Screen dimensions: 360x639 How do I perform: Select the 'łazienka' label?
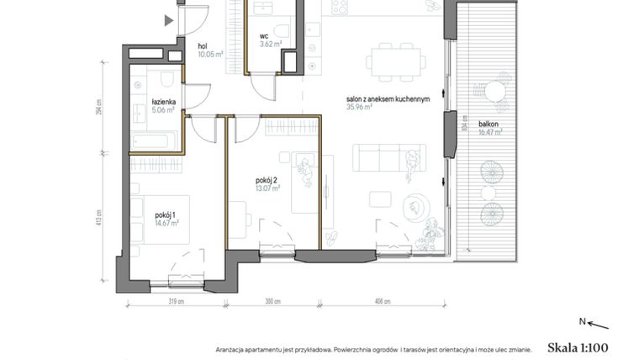point(140,101)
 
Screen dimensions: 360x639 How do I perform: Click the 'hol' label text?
point(203,46)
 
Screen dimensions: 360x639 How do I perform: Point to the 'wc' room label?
point(263,36)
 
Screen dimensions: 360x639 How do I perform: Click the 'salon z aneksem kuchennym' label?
point(388,98)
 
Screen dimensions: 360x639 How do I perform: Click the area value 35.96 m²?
point(361,107)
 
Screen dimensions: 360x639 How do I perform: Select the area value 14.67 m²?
point(166,223)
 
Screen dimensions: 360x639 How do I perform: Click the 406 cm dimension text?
point(383,300)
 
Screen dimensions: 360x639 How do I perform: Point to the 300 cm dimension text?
point(272,300)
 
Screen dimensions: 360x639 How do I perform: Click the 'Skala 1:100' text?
point(577,347)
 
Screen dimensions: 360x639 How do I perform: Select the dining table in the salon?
point(395,60)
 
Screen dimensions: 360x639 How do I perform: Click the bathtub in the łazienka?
point(153,140)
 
